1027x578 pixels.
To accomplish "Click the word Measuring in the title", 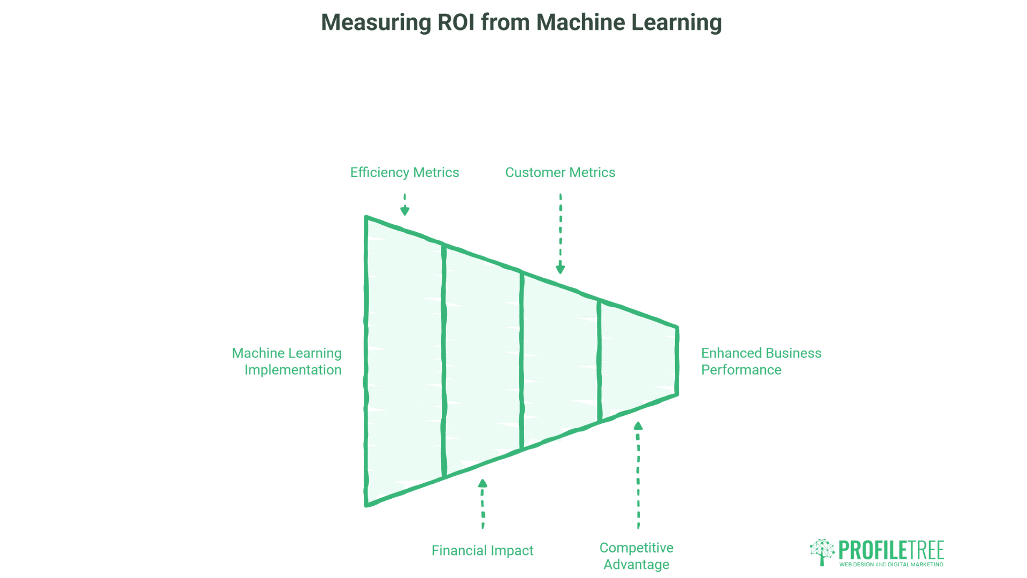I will (x=376, y=22).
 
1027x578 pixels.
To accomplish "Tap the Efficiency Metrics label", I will (x=404, y=172).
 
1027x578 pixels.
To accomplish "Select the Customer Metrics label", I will (x=560, y=172).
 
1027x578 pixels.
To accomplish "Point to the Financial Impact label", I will (x=482, y=550).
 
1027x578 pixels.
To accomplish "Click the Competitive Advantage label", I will (x=636, y=556).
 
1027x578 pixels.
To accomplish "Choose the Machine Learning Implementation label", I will (x=287, y=361).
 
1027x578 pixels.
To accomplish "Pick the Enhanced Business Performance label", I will (x=761, y=361).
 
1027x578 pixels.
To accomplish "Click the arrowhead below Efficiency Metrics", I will (x=405, y=210).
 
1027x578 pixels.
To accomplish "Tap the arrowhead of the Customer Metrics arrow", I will (x=561, y=269).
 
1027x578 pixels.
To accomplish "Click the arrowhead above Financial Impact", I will (x=482, y=483).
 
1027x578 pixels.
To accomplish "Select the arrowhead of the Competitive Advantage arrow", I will (x=638, y=426).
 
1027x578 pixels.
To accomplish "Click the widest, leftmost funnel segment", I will (x=405, y=361).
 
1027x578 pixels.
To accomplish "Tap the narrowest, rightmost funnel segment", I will (x=638, y=361).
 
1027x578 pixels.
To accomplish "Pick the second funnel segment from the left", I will (x=482, y=361).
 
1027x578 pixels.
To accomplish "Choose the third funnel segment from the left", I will (x=561, y=361).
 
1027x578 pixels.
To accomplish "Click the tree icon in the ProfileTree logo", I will (x=822, y=551).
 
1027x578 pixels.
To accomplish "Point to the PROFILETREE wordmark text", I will (x=891, y=550).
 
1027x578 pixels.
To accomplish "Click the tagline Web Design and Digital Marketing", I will (x=891, y=564).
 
